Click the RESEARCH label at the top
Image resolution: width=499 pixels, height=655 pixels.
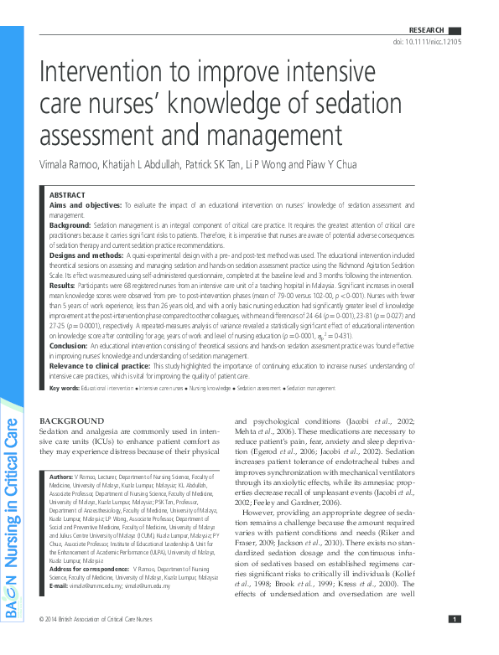click(x=426, y=30)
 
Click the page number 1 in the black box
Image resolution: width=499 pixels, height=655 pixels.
click(x=454, y=642)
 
